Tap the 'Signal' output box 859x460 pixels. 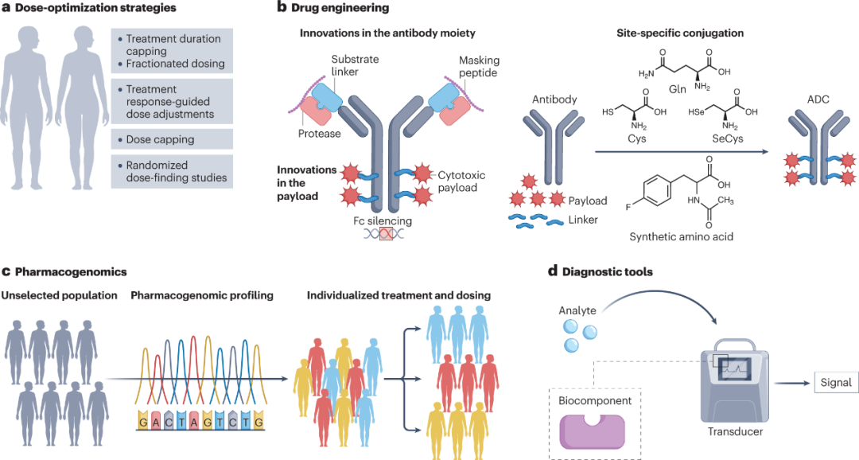834,383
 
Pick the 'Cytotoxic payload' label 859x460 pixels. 462,181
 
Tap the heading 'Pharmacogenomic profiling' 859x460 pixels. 201,296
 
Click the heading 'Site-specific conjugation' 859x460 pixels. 680,33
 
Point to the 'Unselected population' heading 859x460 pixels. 59,296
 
